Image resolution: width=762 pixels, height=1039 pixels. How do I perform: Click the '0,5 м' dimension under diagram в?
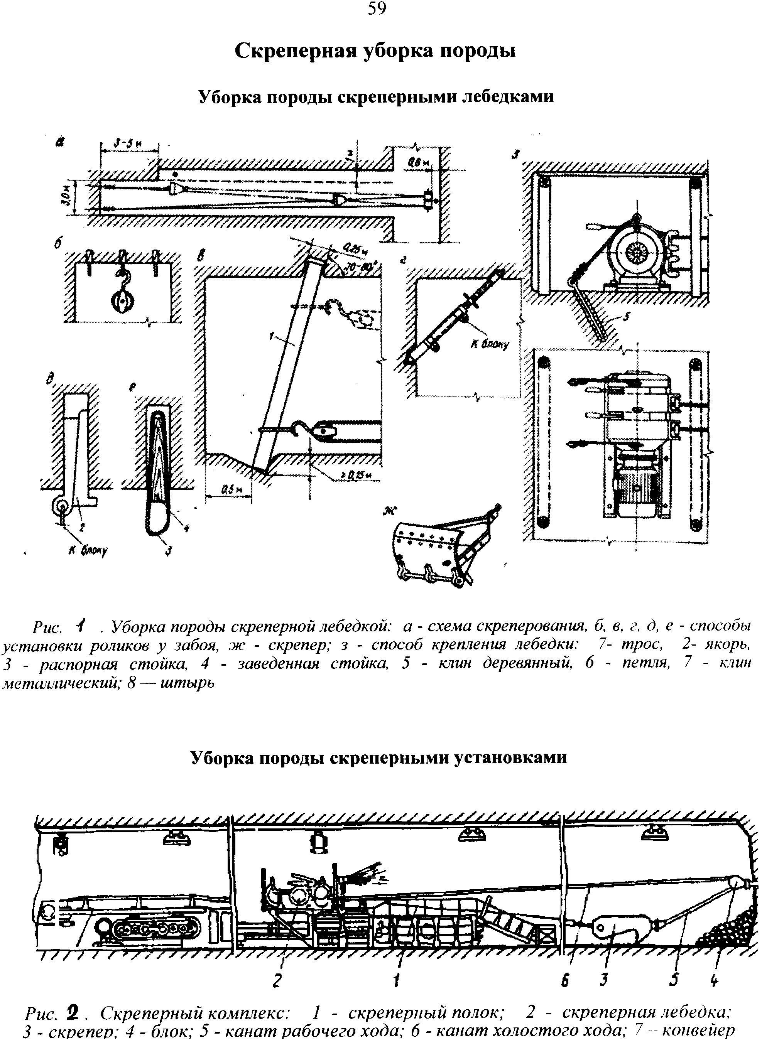(x=228, y=491)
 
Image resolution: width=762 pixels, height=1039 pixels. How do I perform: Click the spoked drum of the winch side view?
(x=637, y=253)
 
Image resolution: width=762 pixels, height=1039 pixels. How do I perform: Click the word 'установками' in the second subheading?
(x=510, y=758)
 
